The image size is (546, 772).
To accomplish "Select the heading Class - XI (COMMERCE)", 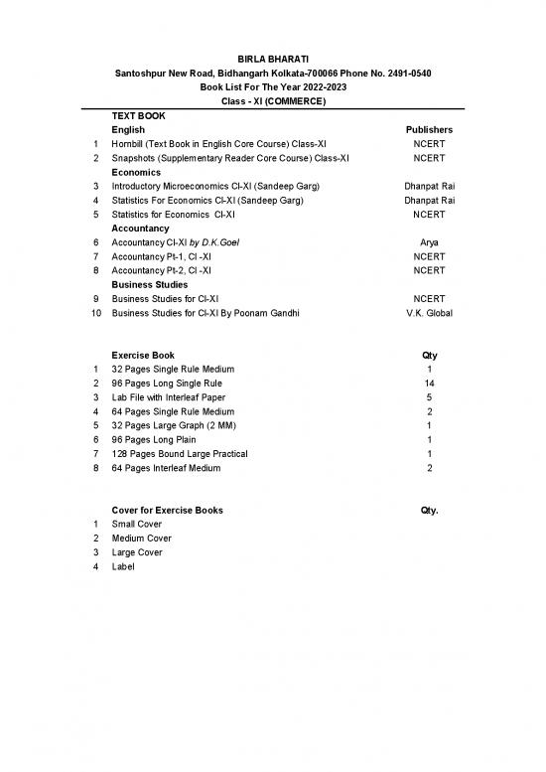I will pyautogui.click(x=272, y=101).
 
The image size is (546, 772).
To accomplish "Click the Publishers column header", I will pyautogui.click(x=429, y=129).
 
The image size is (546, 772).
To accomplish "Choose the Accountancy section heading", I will pyautogui.click(x=142, y=228).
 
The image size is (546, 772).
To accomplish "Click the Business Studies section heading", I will pyautogui.click(x=149, y=284).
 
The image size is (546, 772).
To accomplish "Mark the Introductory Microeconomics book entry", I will pyautogui.click(x=213, y=186).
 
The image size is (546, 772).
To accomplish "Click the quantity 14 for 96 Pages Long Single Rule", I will pyautogui.click(x=429, y=383).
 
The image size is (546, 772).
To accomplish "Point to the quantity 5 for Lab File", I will pyautogui.click(x=429, y=396).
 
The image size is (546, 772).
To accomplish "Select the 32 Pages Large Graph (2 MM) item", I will pyautogui.click(x=174, y=425).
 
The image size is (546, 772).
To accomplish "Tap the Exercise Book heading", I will pyautogui.click(x=143, y=355).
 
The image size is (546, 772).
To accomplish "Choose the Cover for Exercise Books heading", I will pyautogui.click(x=167, y=510).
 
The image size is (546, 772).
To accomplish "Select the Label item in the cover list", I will pyautogui.click(x=123, y=566).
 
